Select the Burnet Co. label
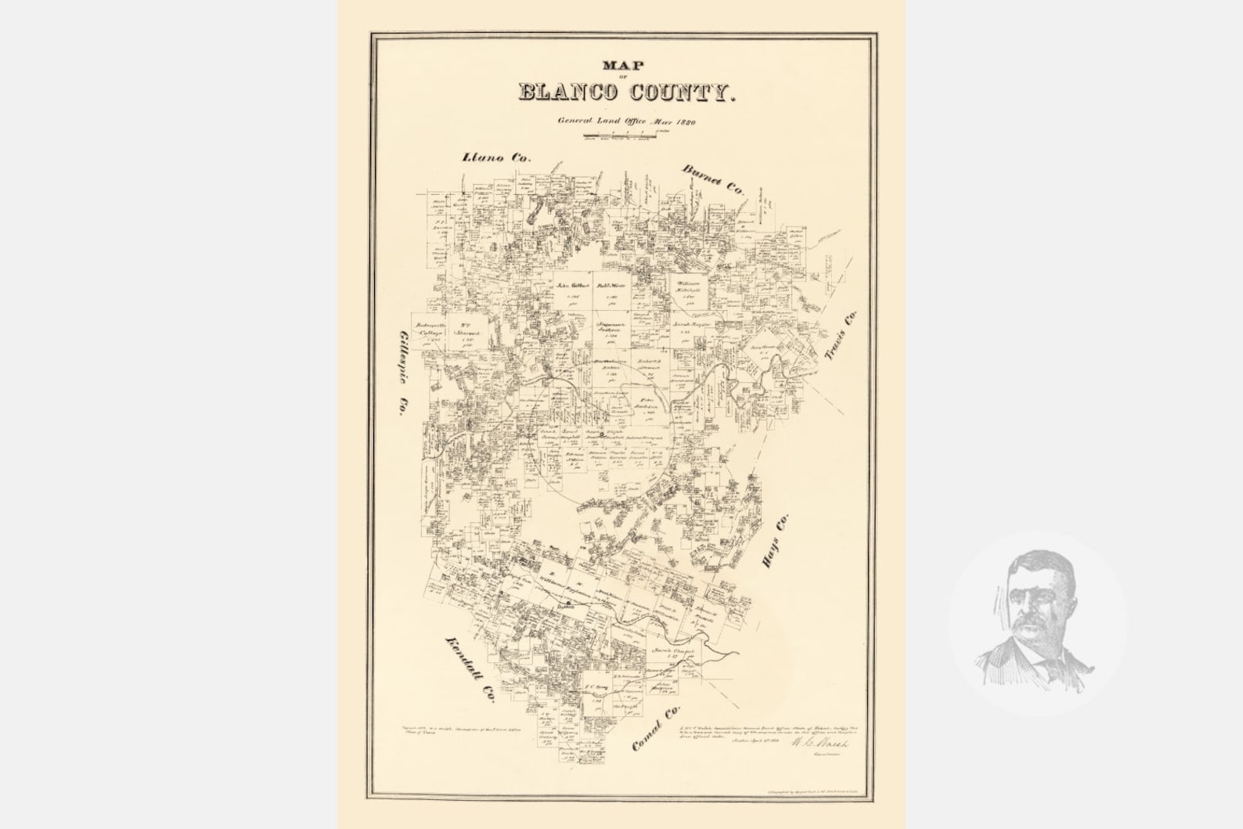(712, 180)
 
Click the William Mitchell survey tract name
(688, 287)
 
